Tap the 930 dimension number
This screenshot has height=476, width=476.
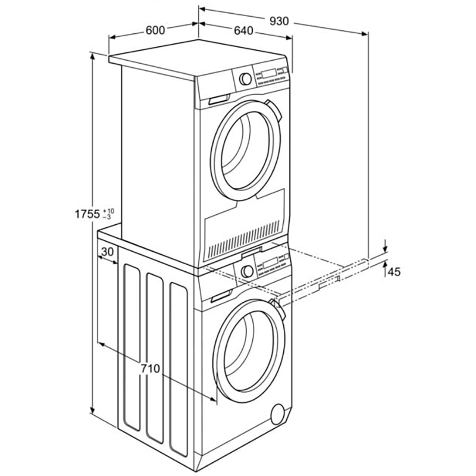pos(278,21)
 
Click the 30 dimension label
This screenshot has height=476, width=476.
pos(107,252)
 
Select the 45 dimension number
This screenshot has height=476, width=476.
pos(394,272)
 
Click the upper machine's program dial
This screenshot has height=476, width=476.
pos(244,79)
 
